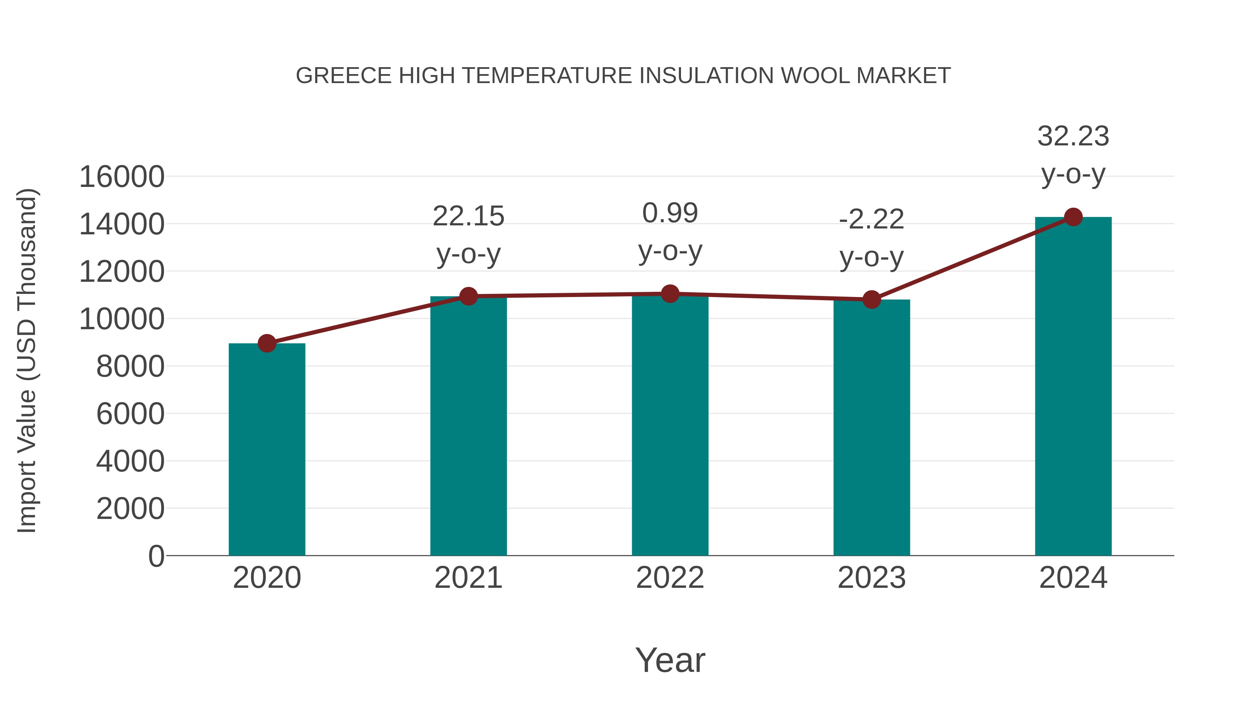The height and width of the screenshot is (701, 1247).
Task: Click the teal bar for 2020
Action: point(267,450)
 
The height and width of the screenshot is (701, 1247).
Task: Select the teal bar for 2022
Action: point(670,426)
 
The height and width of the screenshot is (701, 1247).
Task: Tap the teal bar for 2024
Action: point(1073,387)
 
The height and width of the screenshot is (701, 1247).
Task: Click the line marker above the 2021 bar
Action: point(468,296)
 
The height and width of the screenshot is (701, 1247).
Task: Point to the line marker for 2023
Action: point(872,299)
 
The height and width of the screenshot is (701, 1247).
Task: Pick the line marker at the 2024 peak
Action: point(1073,217)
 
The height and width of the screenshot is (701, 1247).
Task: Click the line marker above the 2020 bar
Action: point(267,343)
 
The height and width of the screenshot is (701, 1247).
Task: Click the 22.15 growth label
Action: point(468,216)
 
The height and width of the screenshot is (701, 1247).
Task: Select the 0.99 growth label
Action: point(670,213)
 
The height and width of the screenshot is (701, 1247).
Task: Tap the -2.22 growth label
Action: point(872,219)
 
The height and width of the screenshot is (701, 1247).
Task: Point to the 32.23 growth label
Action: point(1073,136)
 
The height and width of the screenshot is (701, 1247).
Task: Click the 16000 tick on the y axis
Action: point(122,177)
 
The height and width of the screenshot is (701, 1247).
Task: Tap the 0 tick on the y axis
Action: point(156,556)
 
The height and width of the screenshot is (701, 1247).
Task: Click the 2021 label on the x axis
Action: point(468,578)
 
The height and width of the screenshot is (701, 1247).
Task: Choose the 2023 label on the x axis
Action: point(872,578)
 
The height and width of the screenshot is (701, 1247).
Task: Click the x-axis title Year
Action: point(670,660)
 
